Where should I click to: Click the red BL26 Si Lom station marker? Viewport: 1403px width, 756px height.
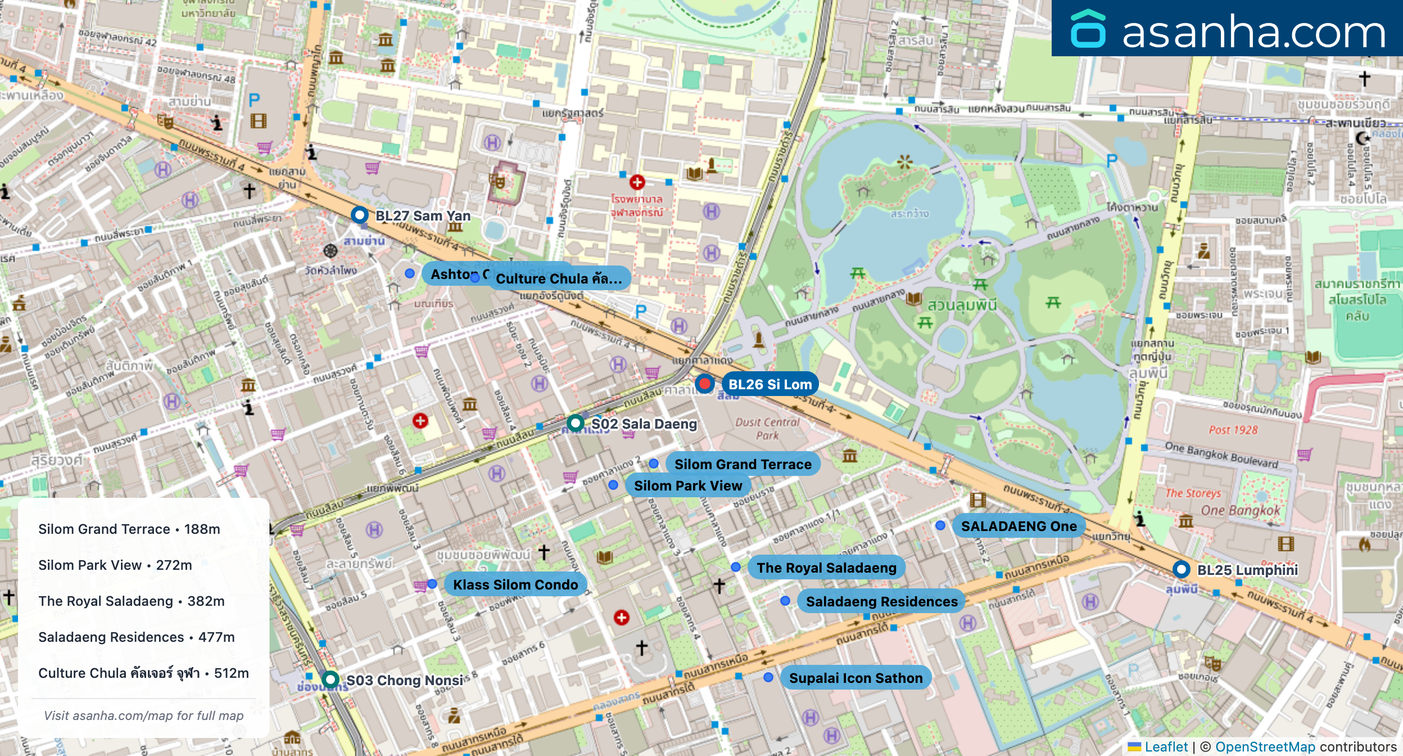[x=704, y=384]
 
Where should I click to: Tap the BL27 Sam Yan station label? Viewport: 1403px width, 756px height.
[x=423, y=216]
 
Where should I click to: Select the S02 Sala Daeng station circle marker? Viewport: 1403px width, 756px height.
[x=575, y=423]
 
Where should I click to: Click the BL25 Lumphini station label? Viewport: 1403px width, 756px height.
[x=1247, y=570]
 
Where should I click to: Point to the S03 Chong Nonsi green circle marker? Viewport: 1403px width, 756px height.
[x=331, y=679]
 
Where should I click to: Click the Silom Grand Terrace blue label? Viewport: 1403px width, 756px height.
[x=743, y=464]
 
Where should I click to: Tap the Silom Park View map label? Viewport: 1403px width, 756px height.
[x=688, y=485]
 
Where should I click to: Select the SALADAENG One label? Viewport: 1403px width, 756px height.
[x=1019, y=526]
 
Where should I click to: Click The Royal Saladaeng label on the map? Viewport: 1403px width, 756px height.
[x=826, y=568]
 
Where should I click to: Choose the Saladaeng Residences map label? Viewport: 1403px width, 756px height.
[x=881, y=601]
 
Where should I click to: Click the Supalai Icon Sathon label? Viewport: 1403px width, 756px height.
[x=856, y=678]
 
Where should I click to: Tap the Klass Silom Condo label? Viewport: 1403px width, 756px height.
[x=515, y=584]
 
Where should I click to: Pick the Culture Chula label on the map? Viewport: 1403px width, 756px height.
[x=559, y=278]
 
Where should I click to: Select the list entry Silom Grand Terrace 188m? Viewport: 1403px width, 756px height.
[x=129, y=529]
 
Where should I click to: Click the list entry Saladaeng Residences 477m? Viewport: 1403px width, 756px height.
[x=137, y=637]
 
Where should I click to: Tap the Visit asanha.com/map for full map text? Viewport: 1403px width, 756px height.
[x=144, y=715]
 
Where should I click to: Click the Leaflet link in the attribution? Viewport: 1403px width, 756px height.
[x=1166, y=746]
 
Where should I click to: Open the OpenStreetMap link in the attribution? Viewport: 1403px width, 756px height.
[x=1265, y=746]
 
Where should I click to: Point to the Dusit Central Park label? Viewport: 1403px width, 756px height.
[x=767, y=429]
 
